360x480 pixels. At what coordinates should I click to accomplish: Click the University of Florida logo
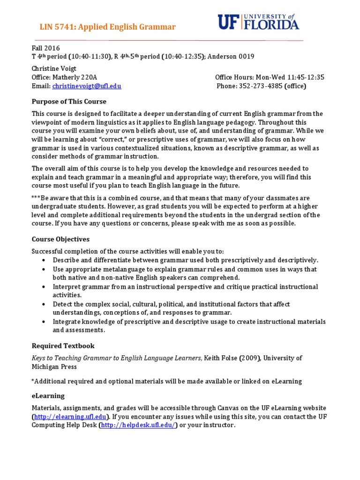point(258,22)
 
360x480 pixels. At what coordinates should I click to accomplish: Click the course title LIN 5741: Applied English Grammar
point(107,27)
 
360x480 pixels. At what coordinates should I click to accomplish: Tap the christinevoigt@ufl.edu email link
point(87,86)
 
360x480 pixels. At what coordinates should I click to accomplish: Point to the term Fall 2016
point(45,48)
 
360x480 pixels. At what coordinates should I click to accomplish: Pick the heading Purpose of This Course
point(69,101)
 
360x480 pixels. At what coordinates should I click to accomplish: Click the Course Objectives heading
point(60,239)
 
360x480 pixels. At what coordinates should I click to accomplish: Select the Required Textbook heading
point(63,346)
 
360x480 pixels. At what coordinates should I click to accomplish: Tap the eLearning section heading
point(48,396)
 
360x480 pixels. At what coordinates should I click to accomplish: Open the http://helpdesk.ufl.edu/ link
point(138,425)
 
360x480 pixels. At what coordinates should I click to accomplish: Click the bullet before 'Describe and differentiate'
point(44,260)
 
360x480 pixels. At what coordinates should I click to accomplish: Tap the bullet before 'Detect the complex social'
point(44,304)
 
